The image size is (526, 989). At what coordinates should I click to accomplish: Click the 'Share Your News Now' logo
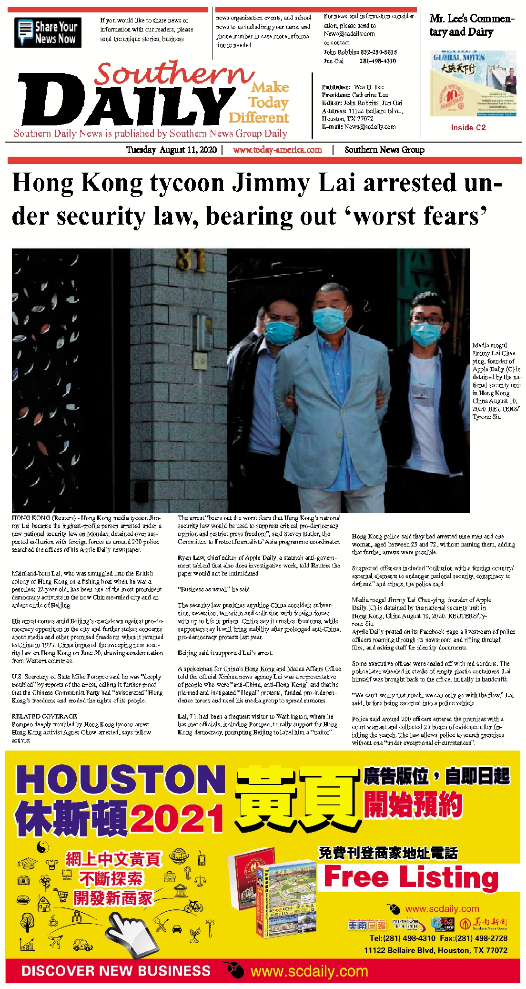coord(48,32)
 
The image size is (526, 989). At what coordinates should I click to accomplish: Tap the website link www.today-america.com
coord(277,150)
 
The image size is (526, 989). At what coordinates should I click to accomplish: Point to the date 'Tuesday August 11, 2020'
coord(171,150)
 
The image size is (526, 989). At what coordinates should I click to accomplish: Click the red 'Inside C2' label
coord(468,127)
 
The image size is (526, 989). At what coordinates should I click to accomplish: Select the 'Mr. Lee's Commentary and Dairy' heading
coord(471,25)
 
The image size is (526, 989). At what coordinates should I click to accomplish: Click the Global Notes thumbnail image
coord(473,83)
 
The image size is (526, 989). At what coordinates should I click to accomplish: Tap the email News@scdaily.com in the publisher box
coord(370,127)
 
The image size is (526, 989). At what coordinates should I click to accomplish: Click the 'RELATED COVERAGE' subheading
coord(44,716)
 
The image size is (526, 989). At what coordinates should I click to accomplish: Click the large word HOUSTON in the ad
coord(121,780)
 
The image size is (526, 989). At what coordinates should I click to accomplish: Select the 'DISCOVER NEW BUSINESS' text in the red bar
coord(116,970)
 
